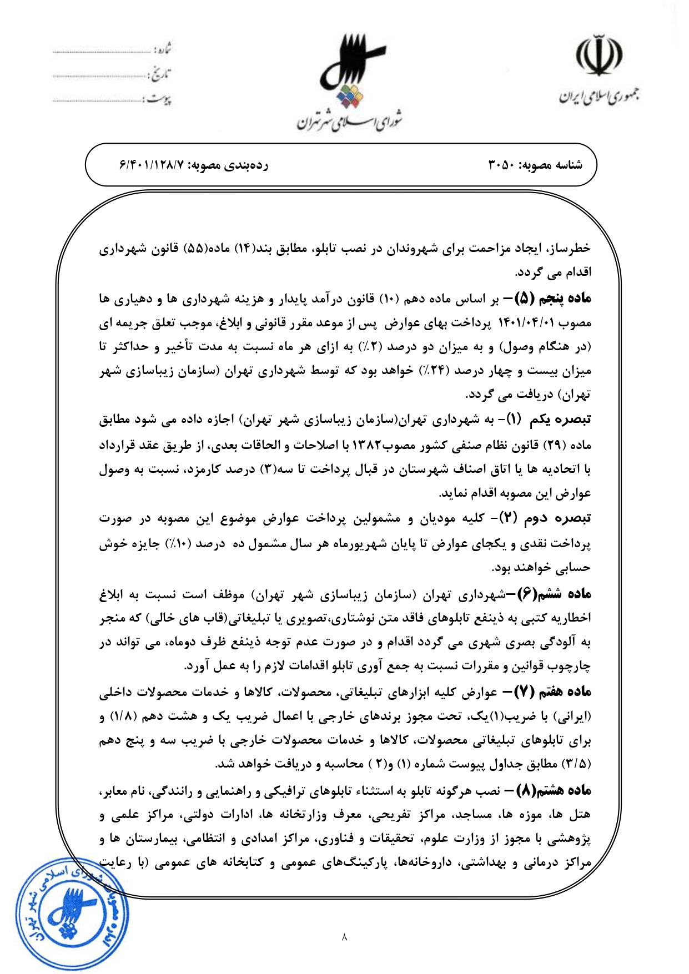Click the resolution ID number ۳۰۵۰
tap(501, 165)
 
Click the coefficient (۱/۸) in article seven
tap(121, 716)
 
